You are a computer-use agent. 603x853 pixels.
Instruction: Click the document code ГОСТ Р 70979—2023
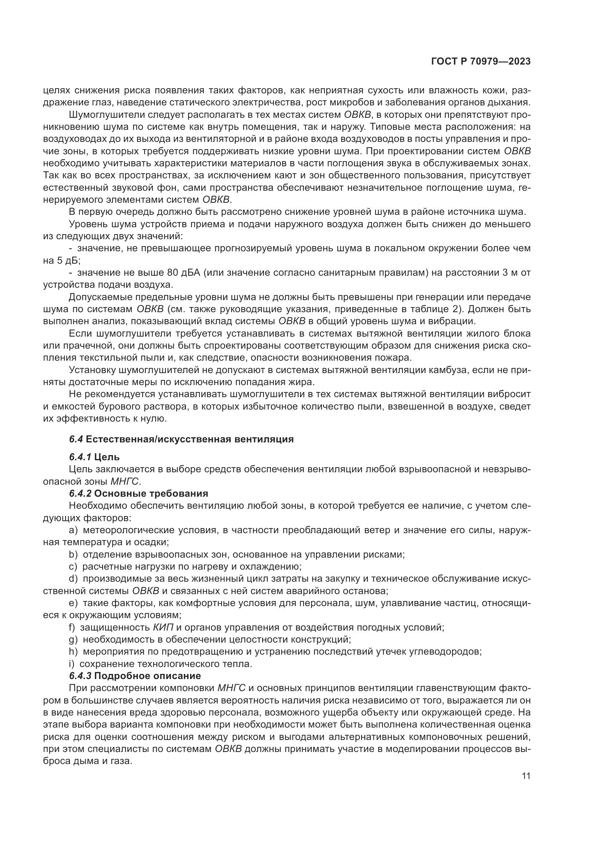(x=481, y=62)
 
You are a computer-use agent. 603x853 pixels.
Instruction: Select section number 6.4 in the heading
(x=76, y=439)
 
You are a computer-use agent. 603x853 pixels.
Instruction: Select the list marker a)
(x=73, y=530)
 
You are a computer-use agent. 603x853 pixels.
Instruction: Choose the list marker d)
(x=73, y=578)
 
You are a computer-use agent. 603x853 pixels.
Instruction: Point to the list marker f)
(x=72, y=628)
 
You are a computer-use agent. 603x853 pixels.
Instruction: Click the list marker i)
(x=71, y=664)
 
